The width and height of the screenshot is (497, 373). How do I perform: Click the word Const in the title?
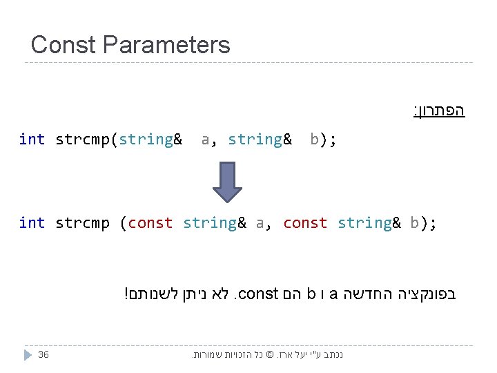(x=64, y=45)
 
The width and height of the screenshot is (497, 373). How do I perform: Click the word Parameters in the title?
(x=166, y=45)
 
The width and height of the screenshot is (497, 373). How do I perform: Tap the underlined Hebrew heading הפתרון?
(x=439, y=111)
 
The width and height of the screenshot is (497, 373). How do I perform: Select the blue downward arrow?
(x=227, y=182)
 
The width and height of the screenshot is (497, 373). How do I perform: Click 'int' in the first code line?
(x=32, y=139)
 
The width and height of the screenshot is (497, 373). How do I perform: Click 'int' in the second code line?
(x=32, y=222)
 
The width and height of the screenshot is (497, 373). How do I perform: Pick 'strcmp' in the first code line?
(x=82, y=140)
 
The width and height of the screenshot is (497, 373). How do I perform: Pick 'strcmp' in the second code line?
(x=82, y=223)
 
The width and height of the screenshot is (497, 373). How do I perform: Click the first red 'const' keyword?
(x=150, y=223)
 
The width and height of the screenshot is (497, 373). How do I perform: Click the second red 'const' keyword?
(x=305, y=223)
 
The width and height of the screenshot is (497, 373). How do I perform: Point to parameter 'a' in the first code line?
(x=206, y=140)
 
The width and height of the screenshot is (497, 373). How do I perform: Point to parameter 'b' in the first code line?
(x=314, y=139)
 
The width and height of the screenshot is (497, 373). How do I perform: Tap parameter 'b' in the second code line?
(x=414, y=222)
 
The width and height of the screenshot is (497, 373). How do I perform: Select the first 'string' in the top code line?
(x=146, y=140)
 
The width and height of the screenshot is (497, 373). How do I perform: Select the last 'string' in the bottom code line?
(x=365, y=223)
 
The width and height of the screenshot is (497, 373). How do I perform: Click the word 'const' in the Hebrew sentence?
(x=258, y=294)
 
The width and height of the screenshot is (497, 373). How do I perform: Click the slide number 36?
(x=43, y=354)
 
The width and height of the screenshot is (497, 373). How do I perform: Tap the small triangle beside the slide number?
(x=28, y=355)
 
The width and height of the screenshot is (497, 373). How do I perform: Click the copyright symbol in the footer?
(x=269, y=354)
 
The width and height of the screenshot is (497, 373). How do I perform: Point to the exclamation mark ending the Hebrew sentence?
(x=126, y=294)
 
